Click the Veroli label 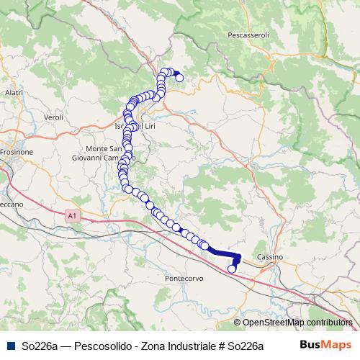(x=55, y=117)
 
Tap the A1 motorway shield (x=71, y=215)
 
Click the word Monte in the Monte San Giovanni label (x=99, y=148)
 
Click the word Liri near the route (x=148, y=127)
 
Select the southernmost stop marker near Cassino (x=232, y=269)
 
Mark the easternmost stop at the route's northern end (x=179, y=78)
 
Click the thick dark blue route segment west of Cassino (x=223, y=252)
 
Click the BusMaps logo (x=325, y=345)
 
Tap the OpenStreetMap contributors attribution (x=294, y=323)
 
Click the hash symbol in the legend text (x=220, y=346)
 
